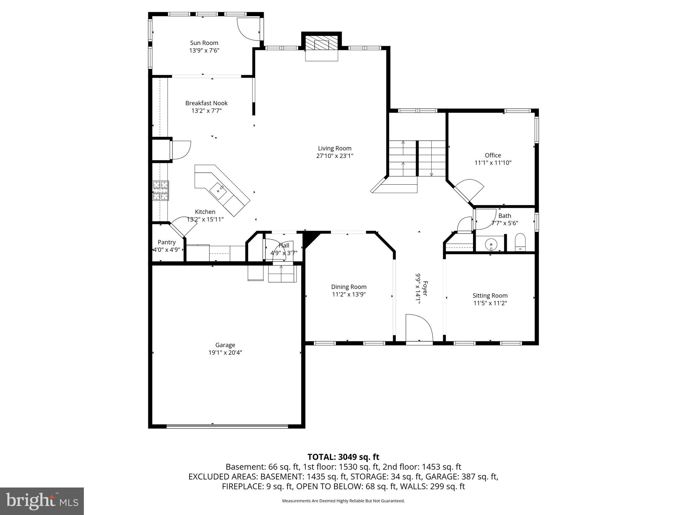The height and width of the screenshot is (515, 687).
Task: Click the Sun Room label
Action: pyautogui.click(x=204, y=43)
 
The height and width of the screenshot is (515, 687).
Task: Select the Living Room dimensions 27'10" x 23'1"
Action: pyautogui.click(x=334, y=156)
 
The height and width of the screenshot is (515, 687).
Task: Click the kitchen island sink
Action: pyautogui.click(x=218, y=190)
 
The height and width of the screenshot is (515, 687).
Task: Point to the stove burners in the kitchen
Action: pyautogui.click(x=161, y=190)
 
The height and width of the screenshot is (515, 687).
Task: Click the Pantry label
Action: pyautogui.click(x=167, y=242)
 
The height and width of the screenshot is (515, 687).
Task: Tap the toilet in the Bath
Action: pyautogui.click(x=520, y=242)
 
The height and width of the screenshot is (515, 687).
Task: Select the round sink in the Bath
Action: pyautogui.click(x=491, y=244)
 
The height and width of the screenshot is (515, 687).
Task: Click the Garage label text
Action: pyautogui.click(x=225, y=345)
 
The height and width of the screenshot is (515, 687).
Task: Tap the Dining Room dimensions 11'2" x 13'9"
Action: pyautogui.click(x=349, y=294)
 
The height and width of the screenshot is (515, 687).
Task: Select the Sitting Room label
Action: pyautogui.click(x=490, y=295)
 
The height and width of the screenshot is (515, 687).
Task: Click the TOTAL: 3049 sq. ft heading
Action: pyautogui.click(x=343, y=457)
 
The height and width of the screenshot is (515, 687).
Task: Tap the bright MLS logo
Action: pyautogui.click(x=42, y=501)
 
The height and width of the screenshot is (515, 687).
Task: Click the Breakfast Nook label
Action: pyautogui.click(x=206, y=103)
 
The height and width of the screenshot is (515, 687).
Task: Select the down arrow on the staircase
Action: pyautogui.click(x=431, y=174)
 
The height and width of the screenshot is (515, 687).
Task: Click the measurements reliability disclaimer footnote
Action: pyautogui.click(x=343, y=501)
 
